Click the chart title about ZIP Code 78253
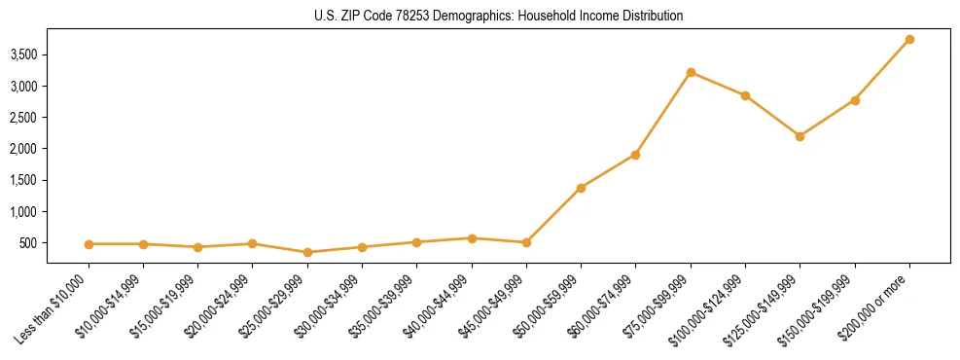[498, 17]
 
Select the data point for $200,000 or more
[909, 39]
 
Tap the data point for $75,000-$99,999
[691, 72]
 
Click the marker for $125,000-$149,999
[800, 136]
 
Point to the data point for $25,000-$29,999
[307, 252]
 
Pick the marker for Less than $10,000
[89, 244]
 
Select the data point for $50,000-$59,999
[581, 188]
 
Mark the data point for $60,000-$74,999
[635, 155]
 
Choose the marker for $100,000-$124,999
[745, 95]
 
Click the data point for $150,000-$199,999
[855, 100]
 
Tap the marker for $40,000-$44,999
[472, 238]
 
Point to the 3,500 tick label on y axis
[23, 54]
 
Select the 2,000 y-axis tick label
[23, 149]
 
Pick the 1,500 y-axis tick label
[23, 180]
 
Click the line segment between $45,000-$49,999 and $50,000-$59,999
[553, 215]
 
